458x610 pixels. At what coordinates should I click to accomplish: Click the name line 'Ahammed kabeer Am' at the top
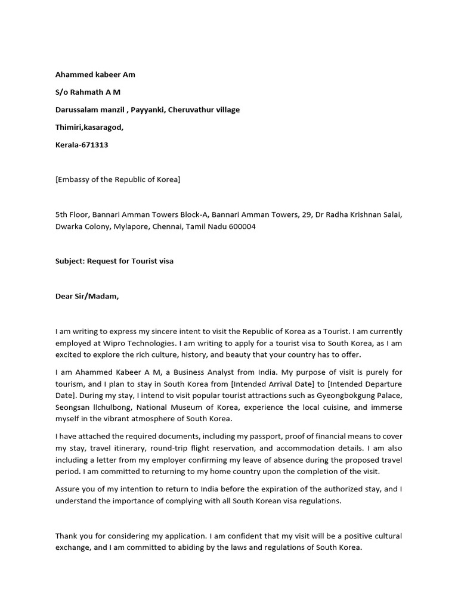click(95, 74)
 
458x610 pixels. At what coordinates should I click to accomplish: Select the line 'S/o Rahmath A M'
click(88, 92)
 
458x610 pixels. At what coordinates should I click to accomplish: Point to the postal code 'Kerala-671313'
click(82, 145)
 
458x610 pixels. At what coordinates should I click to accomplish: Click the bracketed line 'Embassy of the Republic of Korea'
click(117, 179)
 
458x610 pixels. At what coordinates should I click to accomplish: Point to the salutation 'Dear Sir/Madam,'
click(87, 296)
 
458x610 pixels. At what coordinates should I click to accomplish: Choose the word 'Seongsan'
click(73, 407)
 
